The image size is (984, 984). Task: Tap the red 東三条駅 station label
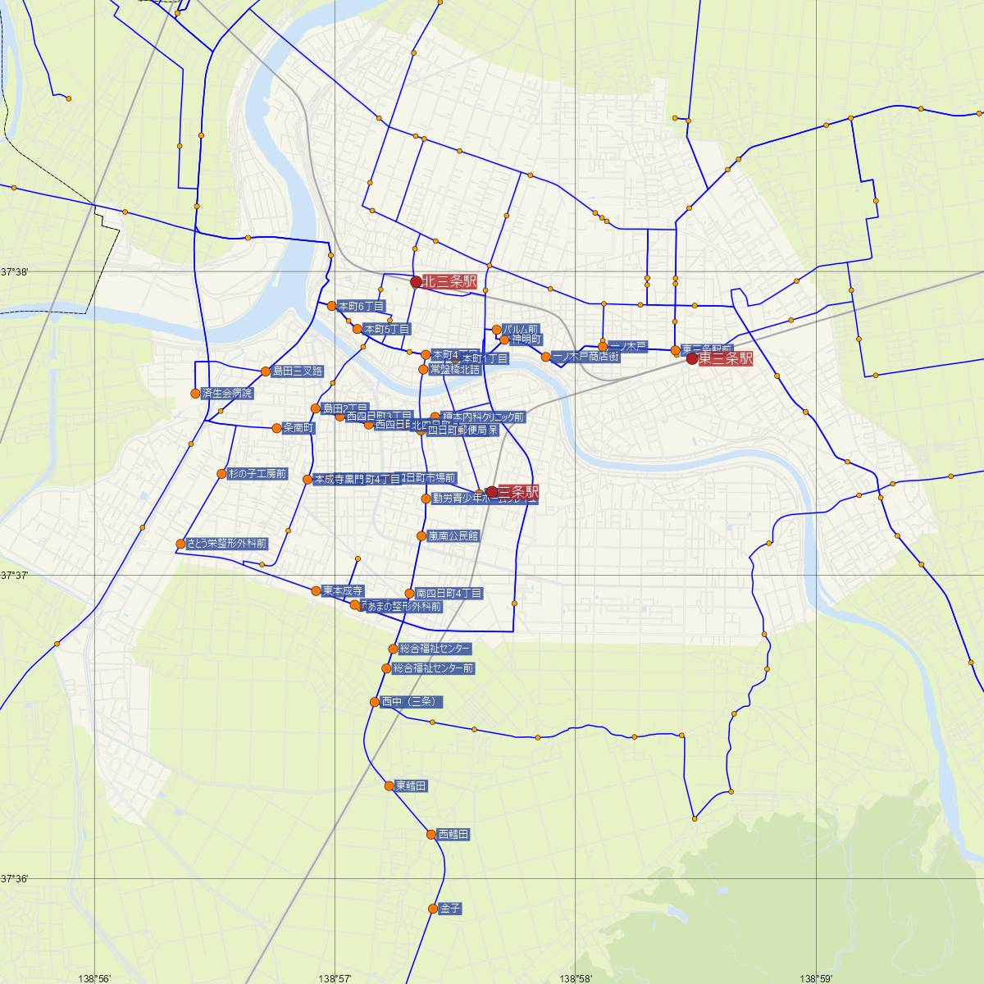pyautogui.click(x=725, y=358)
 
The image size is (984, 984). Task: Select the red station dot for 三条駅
pyautogui.click(x=492, y=492)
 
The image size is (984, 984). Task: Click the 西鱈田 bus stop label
pyautogui.click(x=453, y=835)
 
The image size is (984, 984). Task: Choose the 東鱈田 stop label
pyautogui.click(x=411, y=786)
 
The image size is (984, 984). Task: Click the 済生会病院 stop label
pyautogui.click(x=226, y=394)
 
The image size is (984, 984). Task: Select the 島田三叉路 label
pyautogui.click(x=298, y=371)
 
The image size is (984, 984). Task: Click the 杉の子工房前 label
pyautogui.click(x=257, y=474)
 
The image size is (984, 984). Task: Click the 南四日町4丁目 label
pyautogui.click(x=449, y=593)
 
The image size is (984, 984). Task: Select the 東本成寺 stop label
pyautogui.click(x=343, y=590)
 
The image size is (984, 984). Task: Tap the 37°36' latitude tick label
pyautogui.click(x=14, y=879)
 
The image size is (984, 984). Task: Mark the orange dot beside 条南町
pyautogui.click(x=276, y=428)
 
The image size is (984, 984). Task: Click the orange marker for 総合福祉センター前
pyautogui.click(x=386, y=668)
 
